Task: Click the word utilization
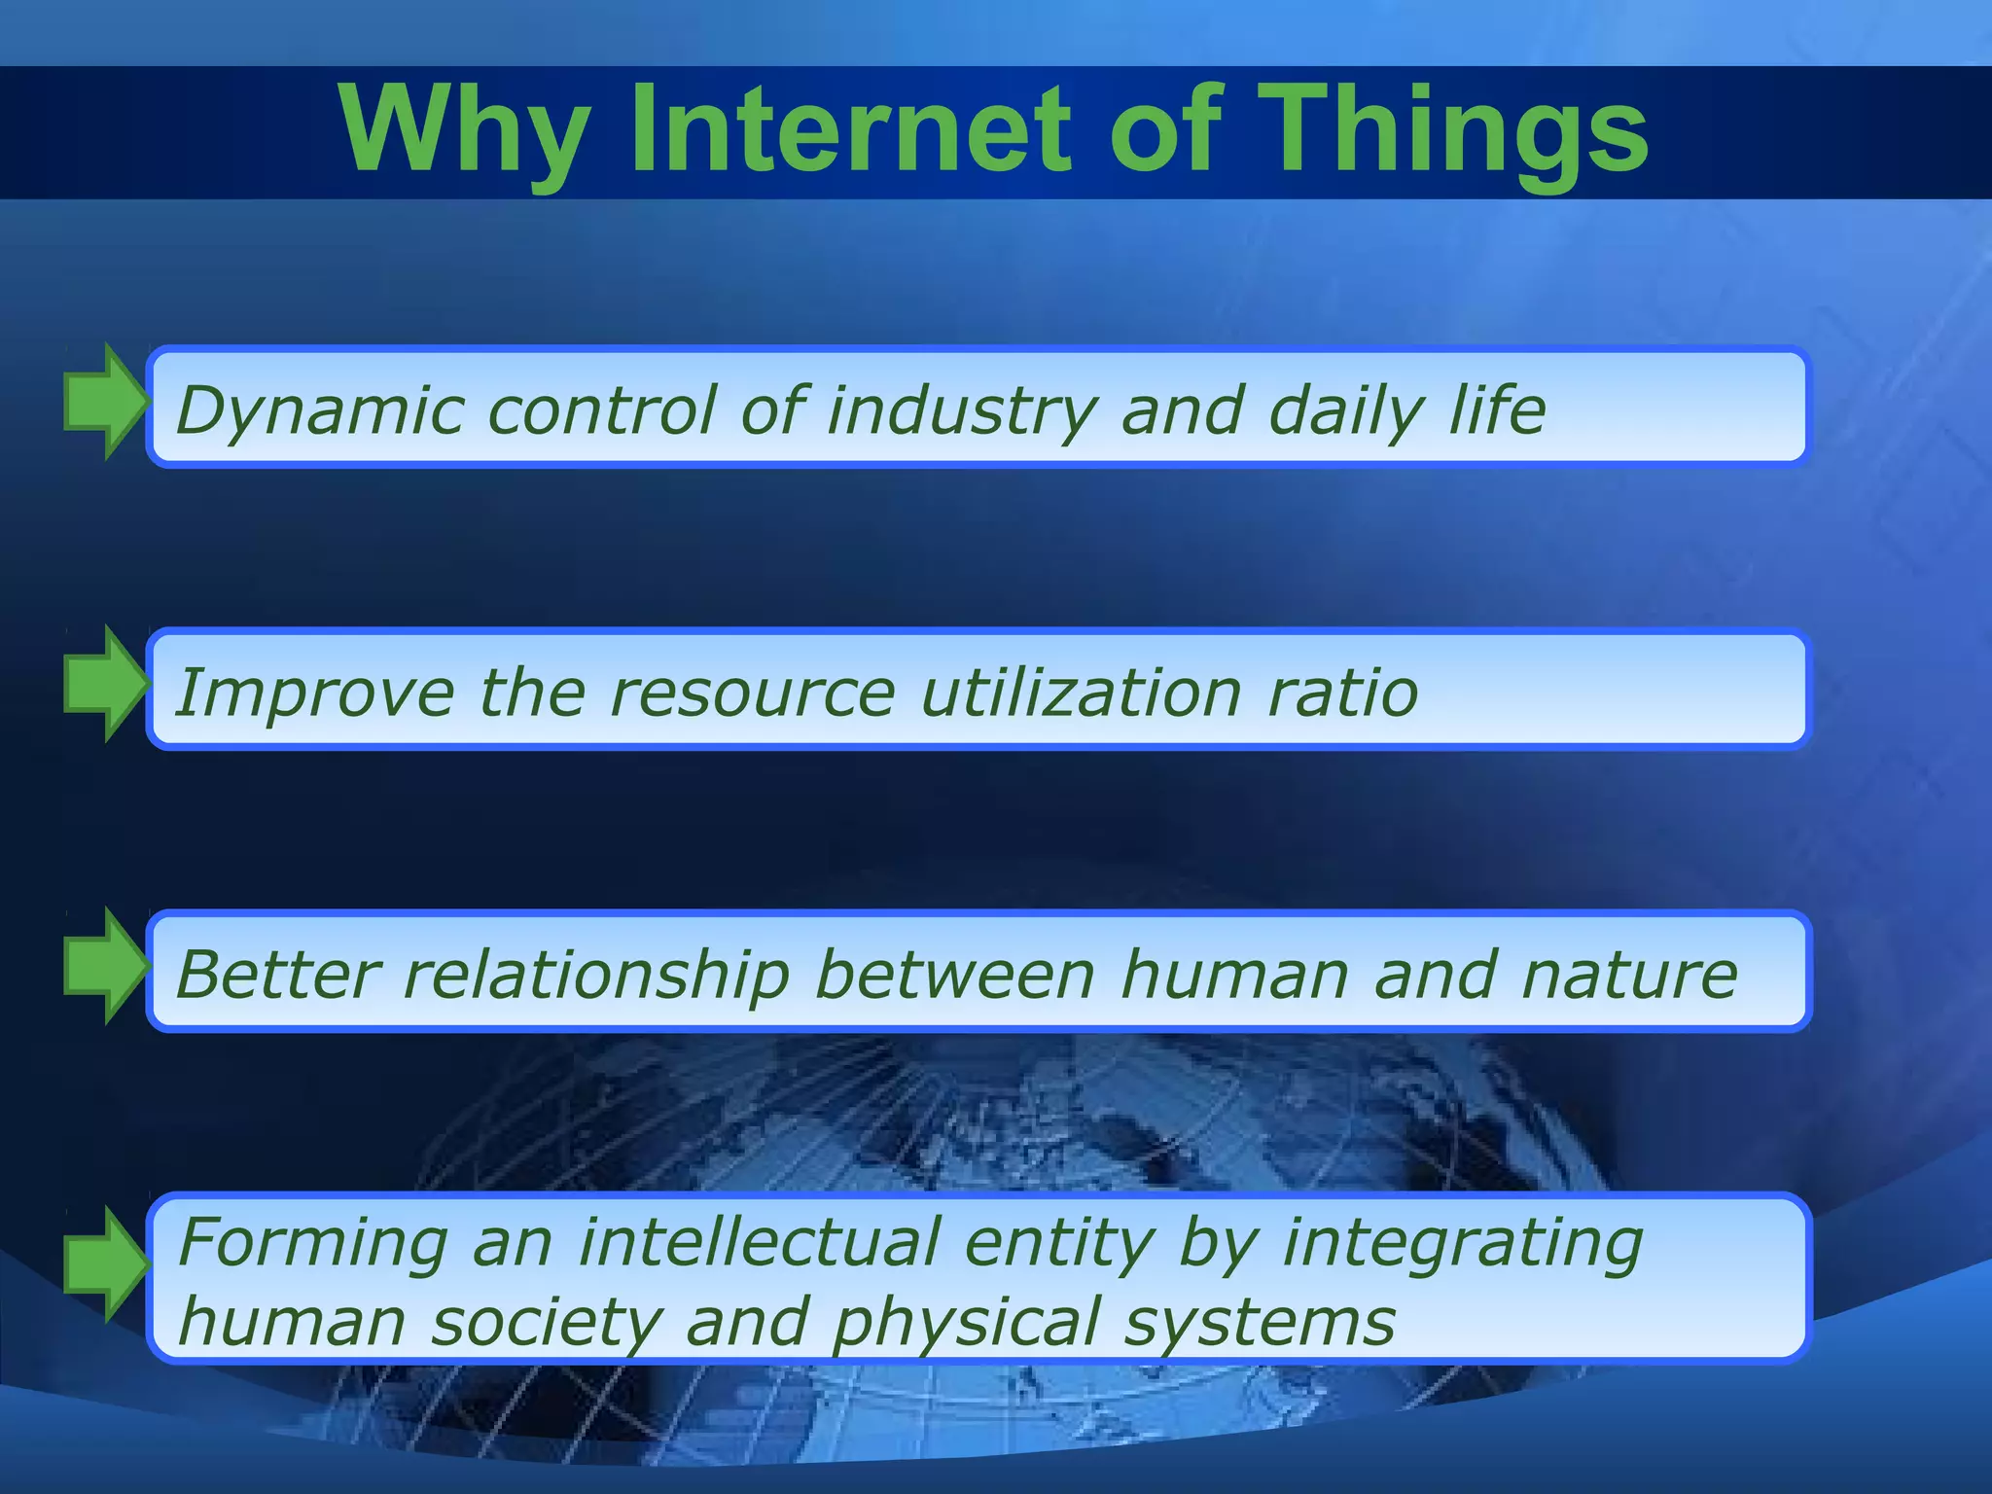[x=1081, y=693]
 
